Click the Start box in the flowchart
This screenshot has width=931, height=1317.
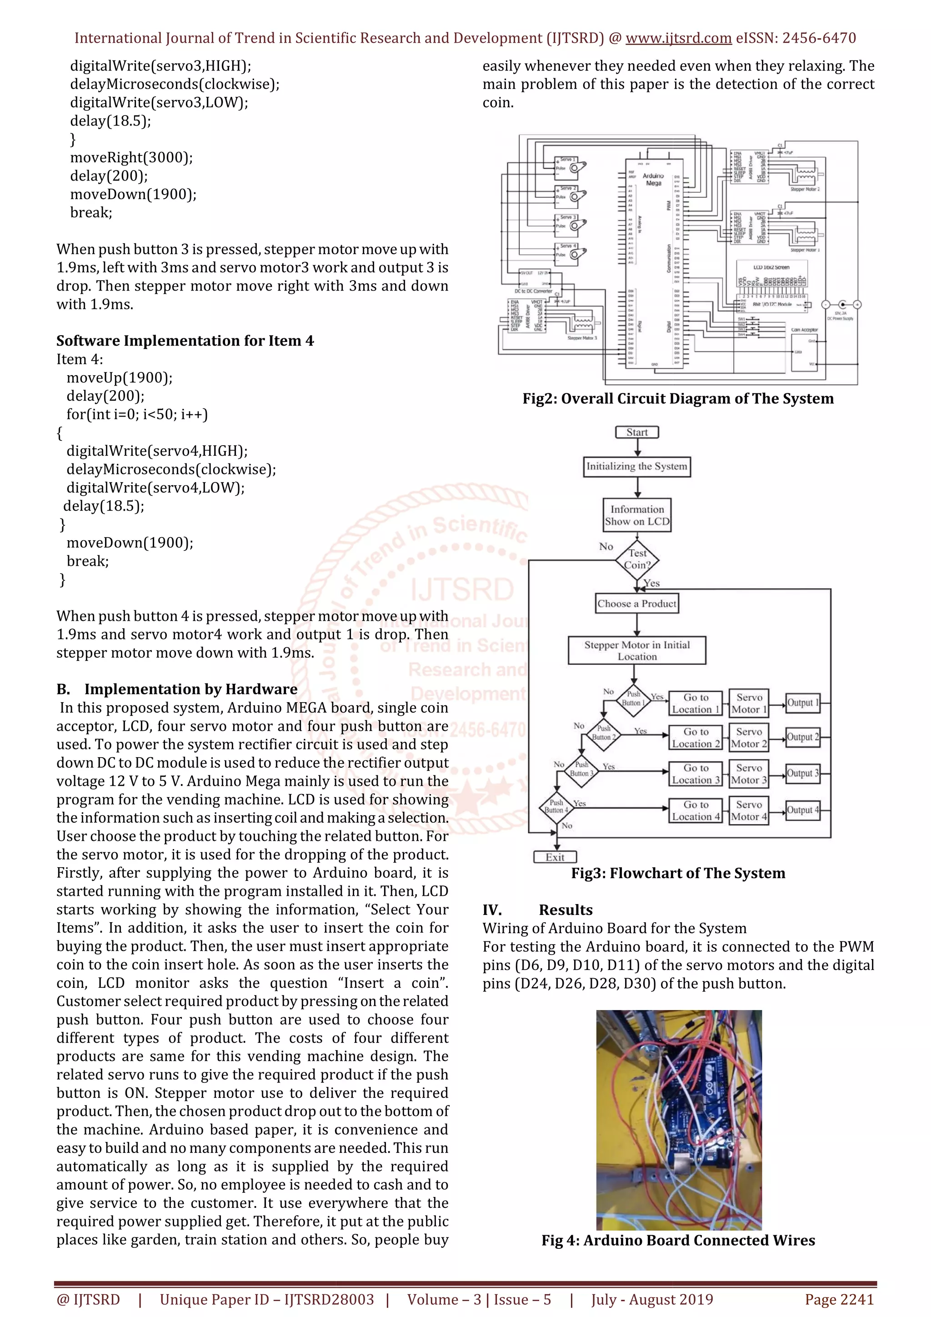(x=637, y=432)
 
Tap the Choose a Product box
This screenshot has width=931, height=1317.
(x=637, y=603)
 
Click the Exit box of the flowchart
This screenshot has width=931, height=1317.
(x=555, y=857)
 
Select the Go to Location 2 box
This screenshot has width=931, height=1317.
(x=696, y=738)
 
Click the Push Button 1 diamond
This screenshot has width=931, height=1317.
(x=633, y=699)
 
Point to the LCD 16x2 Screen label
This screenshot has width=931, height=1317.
(x=771, y=267)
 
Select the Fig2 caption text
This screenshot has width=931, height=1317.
(x=678, y=399)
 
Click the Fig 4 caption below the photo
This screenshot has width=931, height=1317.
(x=678, y=1240)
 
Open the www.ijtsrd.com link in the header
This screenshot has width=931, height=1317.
(x=678, y=39)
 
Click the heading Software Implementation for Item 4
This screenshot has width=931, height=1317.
(x=185, y=341)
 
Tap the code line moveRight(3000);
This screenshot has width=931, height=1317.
(x=131, y=158)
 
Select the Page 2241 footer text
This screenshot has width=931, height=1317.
(x=839, y=1300)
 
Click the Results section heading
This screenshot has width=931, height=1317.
(x=565, y=910)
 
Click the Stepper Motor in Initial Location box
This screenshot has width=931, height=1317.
(x=637, y=650)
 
